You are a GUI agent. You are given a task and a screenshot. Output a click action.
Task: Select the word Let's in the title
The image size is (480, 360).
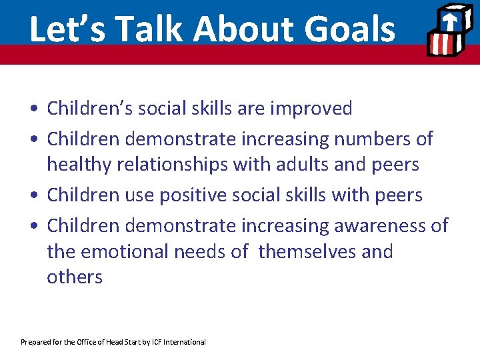[x=64, y=30]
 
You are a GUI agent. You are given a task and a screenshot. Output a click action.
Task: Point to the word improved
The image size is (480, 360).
[x=311, y=109]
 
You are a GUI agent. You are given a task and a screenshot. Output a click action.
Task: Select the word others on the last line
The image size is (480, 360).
[x=75, y=277]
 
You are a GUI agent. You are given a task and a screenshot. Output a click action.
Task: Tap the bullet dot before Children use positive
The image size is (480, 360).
[x=33, y=196]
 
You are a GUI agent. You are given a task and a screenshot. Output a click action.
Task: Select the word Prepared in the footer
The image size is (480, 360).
[x=35, y=342]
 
